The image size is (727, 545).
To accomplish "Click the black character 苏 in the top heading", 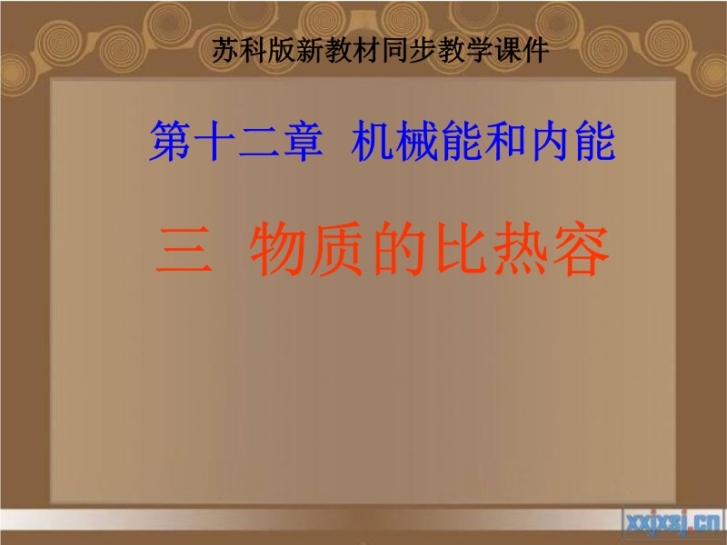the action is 225,50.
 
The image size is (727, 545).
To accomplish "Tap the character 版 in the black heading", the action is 283,50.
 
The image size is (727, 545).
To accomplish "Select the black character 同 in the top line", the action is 395,50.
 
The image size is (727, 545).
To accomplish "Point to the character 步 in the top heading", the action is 423,50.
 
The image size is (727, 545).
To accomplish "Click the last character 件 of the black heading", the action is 536,50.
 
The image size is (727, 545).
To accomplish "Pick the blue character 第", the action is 170,141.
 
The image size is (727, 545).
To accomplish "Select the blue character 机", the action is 372,141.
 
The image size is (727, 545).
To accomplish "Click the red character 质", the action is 337,249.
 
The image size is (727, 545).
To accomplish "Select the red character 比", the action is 460,249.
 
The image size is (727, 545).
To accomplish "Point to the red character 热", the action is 520,249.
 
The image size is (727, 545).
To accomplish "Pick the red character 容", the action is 581,249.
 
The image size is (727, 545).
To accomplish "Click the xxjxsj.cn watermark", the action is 673,523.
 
